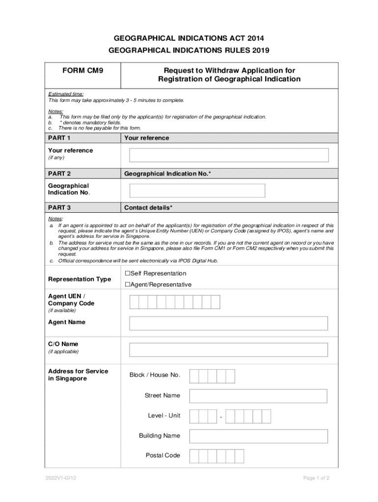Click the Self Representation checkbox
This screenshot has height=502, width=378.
[x=127, y=273]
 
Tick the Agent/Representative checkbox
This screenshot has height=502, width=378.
[x=127, y=284]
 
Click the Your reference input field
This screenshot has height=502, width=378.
[x=229, y=155]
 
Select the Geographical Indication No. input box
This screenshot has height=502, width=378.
[x=197, y=190]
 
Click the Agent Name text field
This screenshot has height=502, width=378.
[x=228, y=324]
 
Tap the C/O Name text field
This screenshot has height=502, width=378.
[x=228, y=350]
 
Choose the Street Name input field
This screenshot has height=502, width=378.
[x=258, y=396]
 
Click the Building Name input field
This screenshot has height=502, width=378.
[x=258, y=436]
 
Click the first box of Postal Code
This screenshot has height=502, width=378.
[x=194, y=456]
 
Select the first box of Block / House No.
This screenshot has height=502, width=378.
[x=194, y=376]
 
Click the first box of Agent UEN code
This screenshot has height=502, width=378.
[x=134, y=302]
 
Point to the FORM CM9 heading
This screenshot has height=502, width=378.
[x=82, y=71]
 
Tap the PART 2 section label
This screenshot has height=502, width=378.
[x=59, y=174]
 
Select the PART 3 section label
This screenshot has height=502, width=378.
[x=59, y=207]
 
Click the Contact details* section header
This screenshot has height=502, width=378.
[x=148, y=207]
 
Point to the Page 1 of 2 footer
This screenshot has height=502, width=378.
[x=316, y=478]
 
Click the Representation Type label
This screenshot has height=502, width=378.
[x=80, y=279]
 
